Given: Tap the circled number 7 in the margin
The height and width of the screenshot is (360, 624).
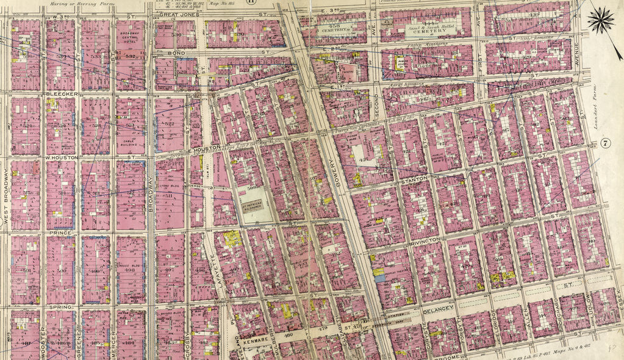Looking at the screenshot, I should [x=605, y=143].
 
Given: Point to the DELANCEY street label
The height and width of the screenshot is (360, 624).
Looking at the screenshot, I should [x=439, y=310].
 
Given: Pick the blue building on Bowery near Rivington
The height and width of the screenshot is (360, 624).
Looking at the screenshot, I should [x=379, y=278].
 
